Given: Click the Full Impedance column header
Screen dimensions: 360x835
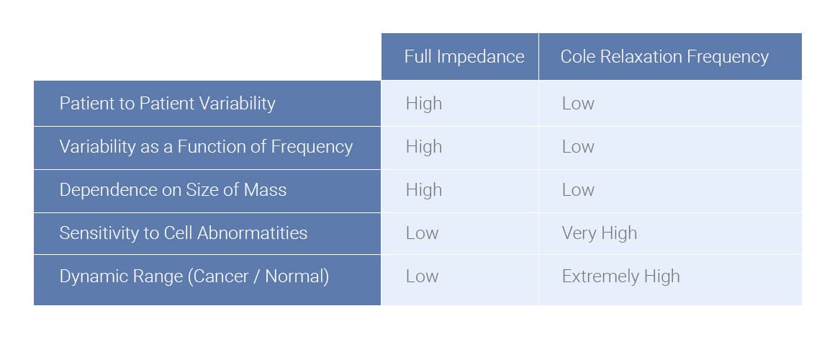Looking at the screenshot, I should tap(464, 57).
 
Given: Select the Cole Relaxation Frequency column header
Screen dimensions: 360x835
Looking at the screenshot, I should tap(664, 57).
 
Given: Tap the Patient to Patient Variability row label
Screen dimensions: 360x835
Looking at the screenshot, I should tap(167, 103).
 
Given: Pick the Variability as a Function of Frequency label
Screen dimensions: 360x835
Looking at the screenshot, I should tap(206, 147).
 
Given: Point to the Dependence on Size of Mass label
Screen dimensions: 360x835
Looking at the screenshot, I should tap(173, 190).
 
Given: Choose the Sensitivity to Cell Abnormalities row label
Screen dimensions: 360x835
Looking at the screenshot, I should tap(183, 233).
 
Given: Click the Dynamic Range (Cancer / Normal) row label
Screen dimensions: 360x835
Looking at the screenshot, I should tap(194, 276).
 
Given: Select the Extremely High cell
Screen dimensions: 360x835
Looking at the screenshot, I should tap(620, 276).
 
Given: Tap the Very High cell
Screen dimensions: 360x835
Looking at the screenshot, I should tap(599, 233).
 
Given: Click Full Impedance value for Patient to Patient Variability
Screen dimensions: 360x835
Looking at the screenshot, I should tap(423, 104).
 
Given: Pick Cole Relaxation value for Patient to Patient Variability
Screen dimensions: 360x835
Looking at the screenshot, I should tap(578, 104).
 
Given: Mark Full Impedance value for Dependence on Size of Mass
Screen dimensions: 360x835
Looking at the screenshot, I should tap(423, 190).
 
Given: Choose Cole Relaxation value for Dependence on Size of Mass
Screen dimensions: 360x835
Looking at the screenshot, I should tap(578, 190).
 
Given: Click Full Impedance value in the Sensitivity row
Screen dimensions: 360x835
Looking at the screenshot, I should tap(422, 233).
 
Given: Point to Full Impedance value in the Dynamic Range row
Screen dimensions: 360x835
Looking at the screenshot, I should tap(422, 276).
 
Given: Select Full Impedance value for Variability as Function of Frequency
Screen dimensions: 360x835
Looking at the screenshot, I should tap(423, 147).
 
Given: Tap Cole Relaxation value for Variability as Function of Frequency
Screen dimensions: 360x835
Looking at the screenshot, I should tap(578, 147).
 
